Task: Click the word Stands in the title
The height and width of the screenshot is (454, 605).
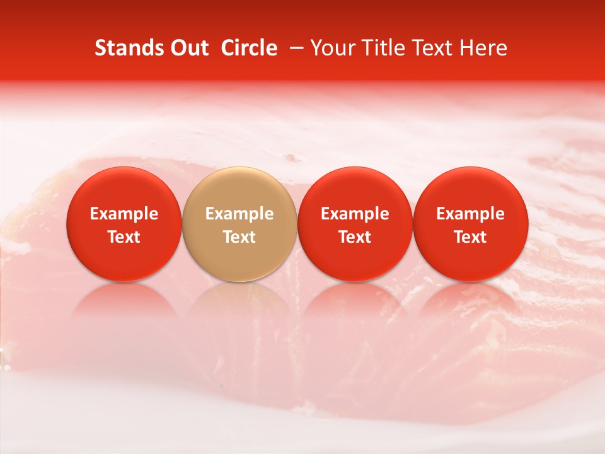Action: coord(125,48)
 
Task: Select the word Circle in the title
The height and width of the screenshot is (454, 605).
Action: coord(249,48)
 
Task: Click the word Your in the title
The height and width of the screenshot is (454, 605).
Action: coord(331,48)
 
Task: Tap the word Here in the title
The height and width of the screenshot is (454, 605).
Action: coord(482,48)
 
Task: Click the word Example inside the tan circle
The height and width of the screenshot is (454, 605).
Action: coord(239,214)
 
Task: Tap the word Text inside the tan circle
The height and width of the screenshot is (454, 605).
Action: coord(239,237)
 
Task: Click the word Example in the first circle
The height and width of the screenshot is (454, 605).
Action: coord(124,214)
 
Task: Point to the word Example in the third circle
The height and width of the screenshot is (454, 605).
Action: coord(355,214)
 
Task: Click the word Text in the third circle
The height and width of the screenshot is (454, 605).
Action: coord(355,237)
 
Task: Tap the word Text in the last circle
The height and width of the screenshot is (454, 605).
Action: coord(471,237)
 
